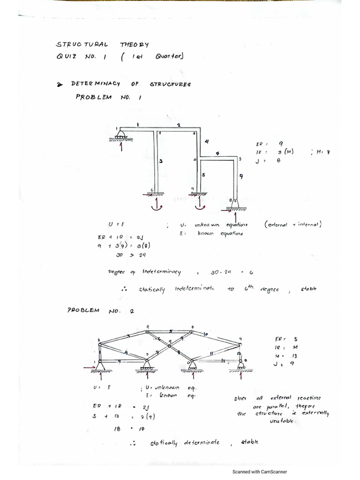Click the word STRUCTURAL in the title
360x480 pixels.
click(82, 45)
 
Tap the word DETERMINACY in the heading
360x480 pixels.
click(96, 83)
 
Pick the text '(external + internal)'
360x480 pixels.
click(292, 225)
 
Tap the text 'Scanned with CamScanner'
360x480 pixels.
click(260, 472)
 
